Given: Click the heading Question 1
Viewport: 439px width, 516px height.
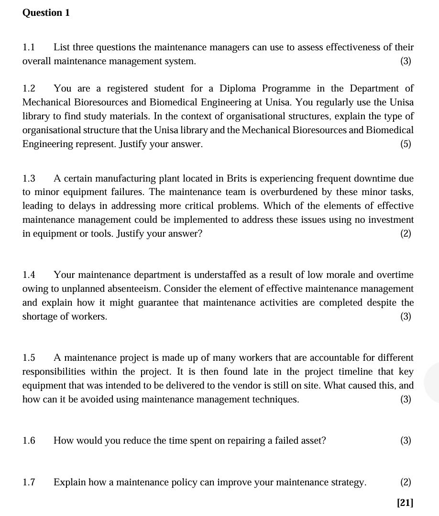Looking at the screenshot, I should coord(46,13).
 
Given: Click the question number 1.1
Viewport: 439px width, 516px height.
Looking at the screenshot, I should coord(29,47).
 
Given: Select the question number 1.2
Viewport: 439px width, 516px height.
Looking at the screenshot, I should coord(29,89).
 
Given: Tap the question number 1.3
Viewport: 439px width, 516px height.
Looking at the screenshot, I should coord(29,179).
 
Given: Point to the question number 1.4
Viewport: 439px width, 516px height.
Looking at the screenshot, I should coord(29,275).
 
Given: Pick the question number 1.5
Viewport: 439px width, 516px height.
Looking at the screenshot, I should coord(29,358).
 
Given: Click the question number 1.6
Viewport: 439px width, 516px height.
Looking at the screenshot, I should coord(29,441).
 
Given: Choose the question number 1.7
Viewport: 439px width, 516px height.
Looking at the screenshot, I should coord(29,482).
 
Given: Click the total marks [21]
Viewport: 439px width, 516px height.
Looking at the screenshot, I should coord(405,503).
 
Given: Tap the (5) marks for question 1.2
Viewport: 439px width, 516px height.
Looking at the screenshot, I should coord(406,144).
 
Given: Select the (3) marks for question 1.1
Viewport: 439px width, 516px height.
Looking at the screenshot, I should coord(406,61).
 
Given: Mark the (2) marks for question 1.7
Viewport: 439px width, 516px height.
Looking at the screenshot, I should coord(406,482).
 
